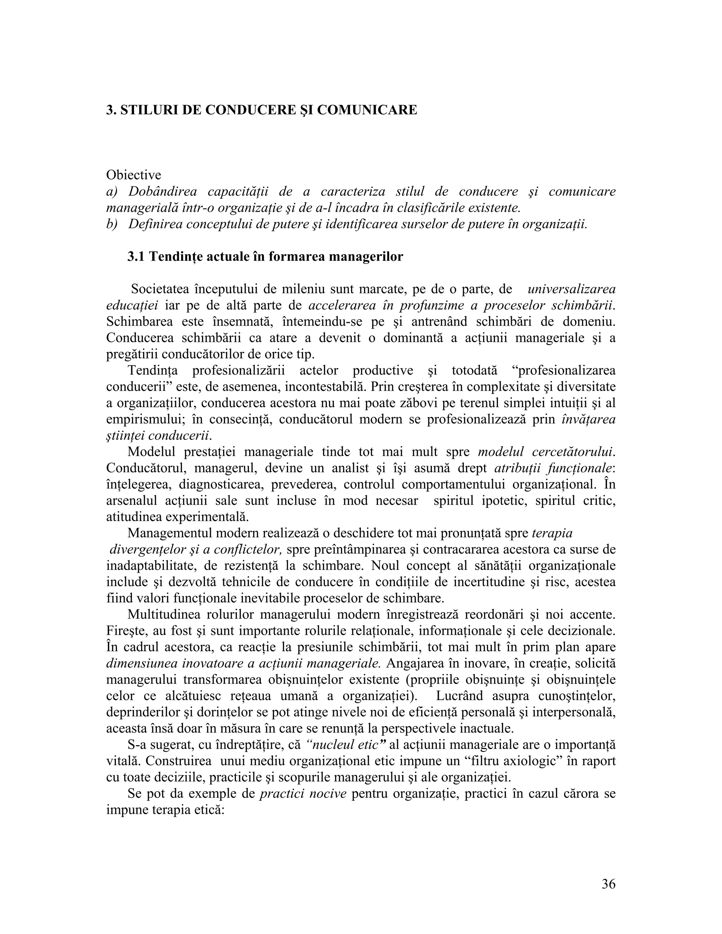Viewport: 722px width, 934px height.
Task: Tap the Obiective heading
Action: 134,175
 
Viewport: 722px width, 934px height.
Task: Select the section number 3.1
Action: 136,257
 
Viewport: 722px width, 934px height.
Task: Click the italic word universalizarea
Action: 572,289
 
